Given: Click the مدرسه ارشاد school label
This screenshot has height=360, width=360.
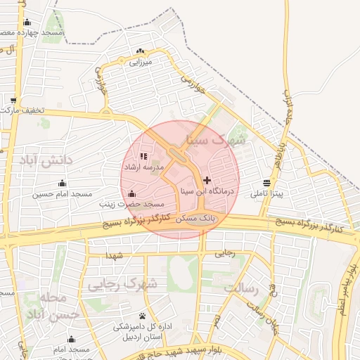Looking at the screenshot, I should [143, 167].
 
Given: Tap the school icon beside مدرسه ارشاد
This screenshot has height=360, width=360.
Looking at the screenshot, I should [143, 157].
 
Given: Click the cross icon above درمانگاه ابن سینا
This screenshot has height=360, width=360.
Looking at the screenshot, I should [207, 180].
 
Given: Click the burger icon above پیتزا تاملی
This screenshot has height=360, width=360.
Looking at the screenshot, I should [266, 184].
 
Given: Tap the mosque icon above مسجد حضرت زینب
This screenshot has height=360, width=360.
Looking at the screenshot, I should [131, 193].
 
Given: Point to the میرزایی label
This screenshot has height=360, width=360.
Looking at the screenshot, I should [140, 62].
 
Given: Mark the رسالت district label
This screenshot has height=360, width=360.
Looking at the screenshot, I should [242, 287].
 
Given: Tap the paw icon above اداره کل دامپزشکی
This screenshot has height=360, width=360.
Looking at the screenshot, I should [143, 316].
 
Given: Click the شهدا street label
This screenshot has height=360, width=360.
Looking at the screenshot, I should [113, 255].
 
